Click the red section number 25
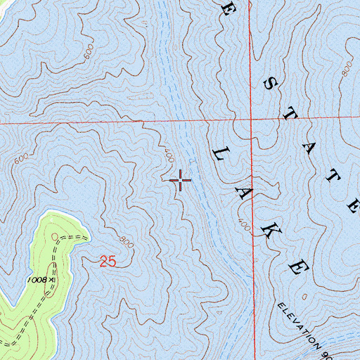click(108, 262)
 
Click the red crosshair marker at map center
click(181, 181)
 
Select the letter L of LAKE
click(218, 152)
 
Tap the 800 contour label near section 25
click(126, 241)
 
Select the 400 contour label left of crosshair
click(168, 157)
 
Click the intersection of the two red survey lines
click(252, 120)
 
